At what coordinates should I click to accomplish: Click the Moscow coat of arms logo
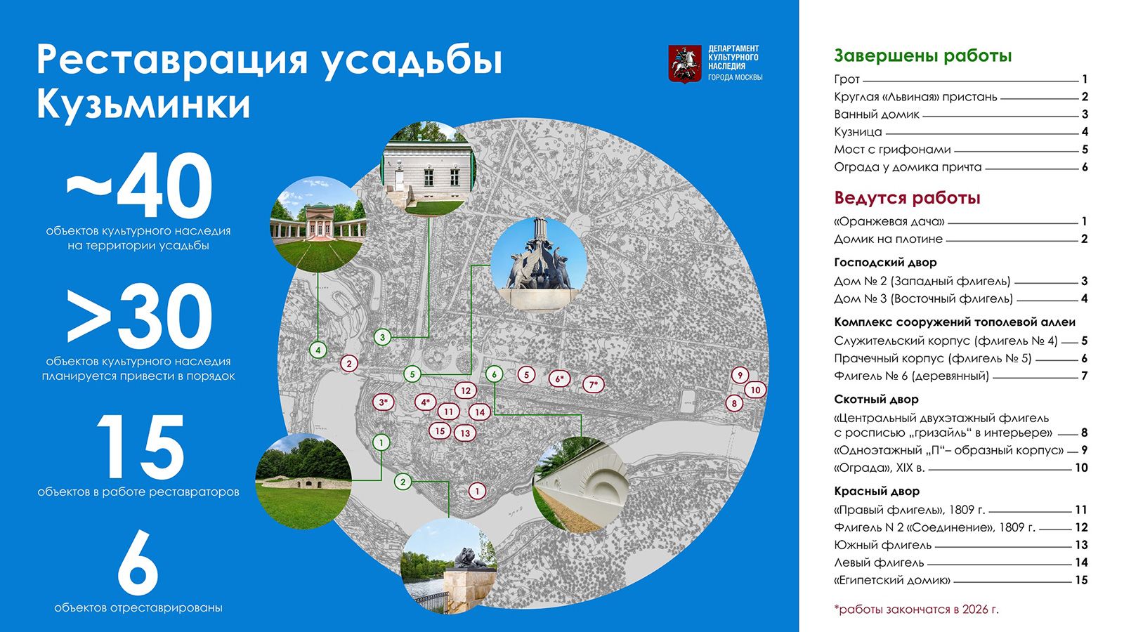pyautogui.click(x=685, y=64)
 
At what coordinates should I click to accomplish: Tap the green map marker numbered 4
pyautogui.click(x=318, y=350)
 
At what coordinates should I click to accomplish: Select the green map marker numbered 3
pyautogui.click(x=382, y=337)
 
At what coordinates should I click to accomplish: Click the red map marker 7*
pyautogui.click(x=594, y=385)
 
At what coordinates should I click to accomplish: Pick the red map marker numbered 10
pyautogui.click(x=755, y=390)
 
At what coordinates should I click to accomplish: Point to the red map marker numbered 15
pyautogui.click(x=440, y=431)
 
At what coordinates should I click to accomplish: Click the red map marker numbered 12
pyautogui.click(x=466, y=390)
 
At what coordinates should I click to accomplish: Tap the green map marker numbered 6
pyautogui.click(x=495, y=374)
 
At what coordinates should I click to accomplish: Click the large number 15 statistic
pyautogui.click(x=140, y=447)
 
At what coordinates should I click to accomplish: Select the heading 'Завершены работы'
pyautogui.click(x=923, y=55)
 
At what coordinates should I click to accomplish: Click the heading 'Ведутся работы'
pyautogui.click(x=907, y=198)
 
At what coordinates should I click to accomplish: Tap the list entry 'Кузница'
pyautogui.click(x=858, y=132)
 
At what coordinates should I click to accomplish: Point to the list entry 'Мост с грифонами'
pyautogui.click(x=892, y=150)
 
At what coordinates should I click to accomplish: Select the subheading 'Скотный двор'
pyautogui.click(x=876, y=400)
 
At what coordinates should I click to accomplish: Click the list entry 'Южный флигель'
pyautogui.click(x=882, y=545)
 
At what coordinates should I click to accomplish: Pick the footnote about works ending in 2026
pyautogui.click(x=916, y=610)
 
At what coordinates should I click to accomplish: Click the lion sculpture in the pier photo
pyautogui.click(x=470, y=558)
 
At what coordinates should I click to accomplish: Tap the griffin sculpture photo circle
pyautogui.click(x=538, y=264)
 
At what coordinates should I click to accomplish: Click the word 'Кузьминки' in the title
pyautogui.click(x=143, y=105)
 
